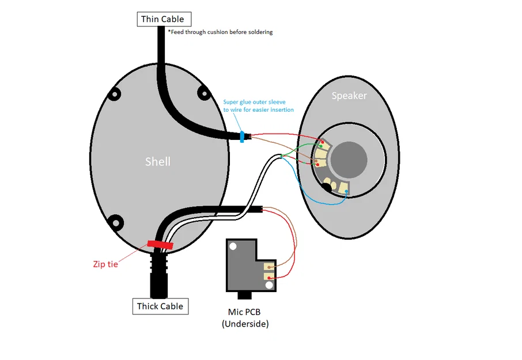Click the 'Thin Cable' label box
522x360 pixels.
[x=162, y=19]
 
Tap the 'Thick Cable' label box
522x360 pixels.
[x=160, y=306]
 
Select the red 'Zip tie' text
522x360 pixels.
[x=105, y=264]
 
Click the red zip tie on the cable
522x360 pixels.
[x=160, y=245]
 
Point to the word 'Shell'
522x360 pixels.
[x=157, y=162]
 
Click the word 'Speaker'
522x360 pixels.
[x=349, y=96]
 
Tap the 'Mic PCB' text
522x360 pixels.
[x=244, y=312]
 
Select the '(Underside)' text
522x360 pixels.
[x=245, y=324]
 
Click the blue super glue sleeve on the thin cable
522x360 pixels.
[x=242, y=137]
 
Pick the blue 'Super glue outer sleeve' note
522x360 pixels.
[x=258, y=106]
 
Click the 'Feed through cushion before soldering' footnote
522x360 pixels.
[x=220, y=32]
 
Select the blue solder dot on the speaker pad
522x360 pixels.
[x=346, y=191]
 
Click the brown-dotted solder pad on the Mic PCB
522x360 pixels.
[x=270, y=266]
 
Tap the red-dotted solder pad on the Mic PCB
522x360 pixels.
[x=270, y=277]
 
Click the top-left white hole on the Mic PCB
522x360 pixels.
[x=233, y=247]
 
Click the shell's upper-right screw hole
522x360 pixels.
[x=203, y=92]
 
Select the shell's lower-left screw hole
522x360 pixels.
[x=116, y=221]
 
